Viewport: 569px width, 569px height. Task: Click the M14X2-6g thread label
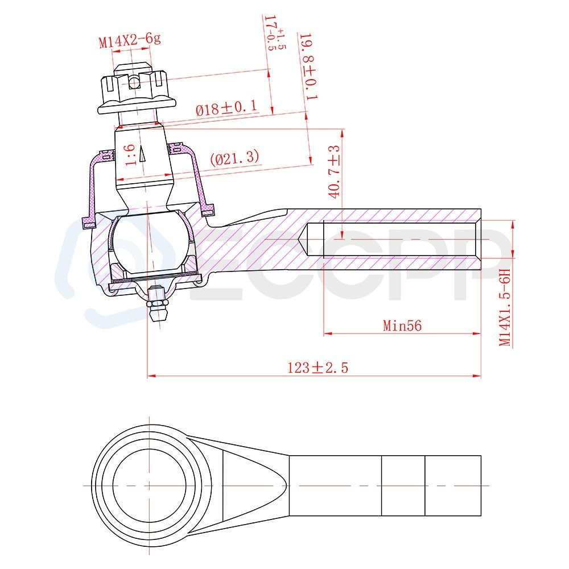tap(130, 40)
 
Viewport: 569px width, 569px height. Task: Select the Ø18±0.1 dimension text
tap(227, 108)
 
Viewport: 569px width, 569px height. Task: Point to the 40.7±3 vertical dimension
tap(335, 171)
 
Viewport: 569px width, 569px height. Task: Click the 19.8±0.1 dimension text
tap(310, 67)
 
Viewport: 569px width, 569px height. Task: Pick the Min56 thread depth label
tap(402, 325)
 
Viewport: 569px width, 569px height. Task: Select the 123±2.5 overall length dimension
tap(318, 368)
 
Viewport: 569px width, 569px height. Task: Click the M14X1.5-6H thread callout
tap(505, 308)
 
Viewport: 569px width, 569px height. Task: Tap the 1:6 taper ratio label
tap(130, 155)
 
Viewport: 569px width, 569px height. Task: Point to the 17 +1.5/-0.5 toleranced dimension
tap(274, 32)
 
